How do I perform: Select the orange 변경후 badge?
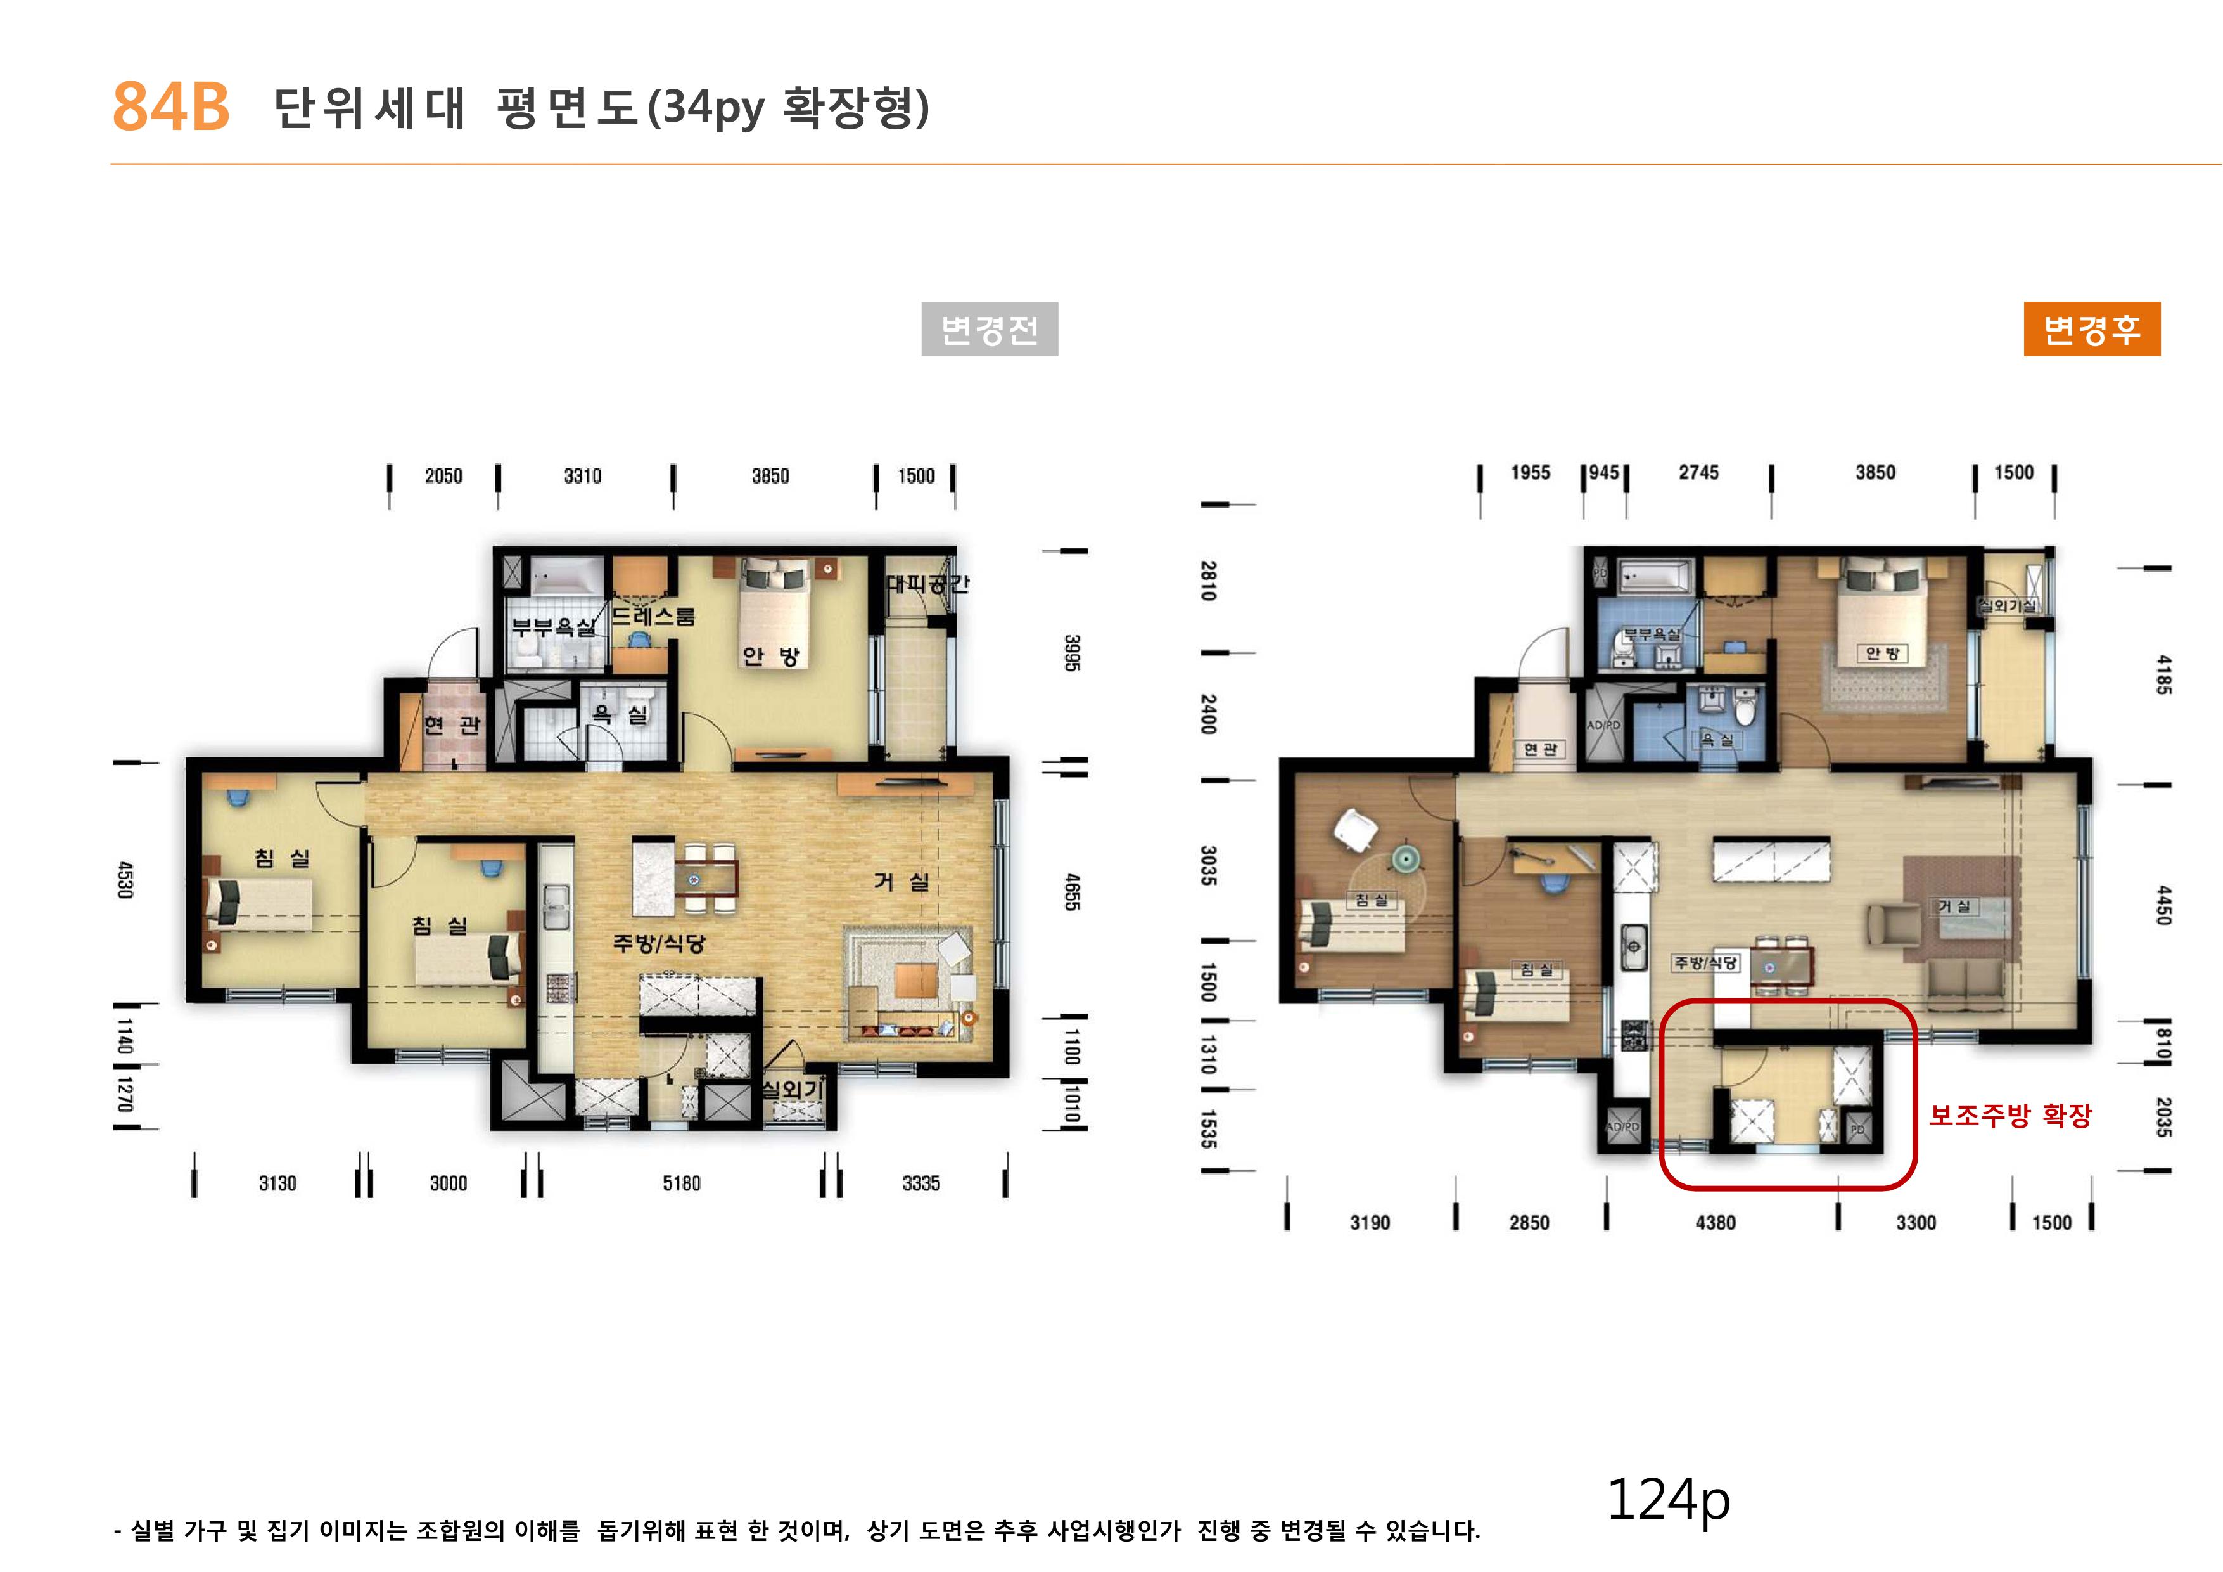pyautogui.click(x=2091, y=330)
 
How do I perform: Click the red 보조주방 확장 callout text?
pyautogui.click(x=2010, y=1116)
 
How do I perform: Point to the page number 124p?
pyautogui.click(x=1668, y=1499)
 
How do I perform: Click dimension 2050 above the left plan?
pyautogui.click(x=443, y=477)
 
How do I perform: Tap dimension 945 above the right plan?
pyautogui.click(x=1603, y=473)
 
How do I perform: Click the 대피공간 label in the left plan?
pyautogui.click(x=927, y=584)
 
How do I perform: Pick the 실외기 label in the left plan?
pyautogui.click(x=792, y=1090)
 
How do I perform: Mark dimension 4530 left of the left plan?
pyautogui.click(x=125, y=879)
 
